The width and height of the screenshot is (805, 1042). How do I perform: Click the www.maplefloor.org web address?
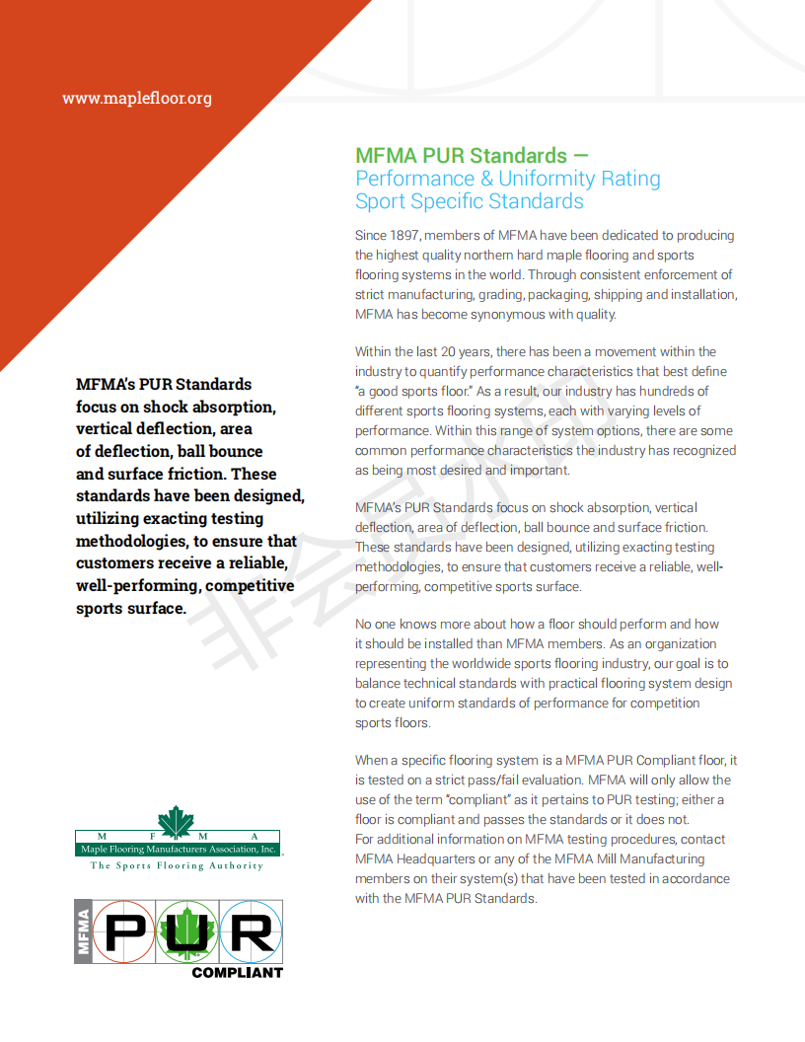coord(137,98)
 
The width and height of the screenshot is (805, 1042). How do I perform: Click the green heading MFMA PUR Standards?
coord(461,156)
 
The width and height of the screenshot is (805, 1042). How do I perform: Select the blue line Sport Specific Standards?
coord(470,201)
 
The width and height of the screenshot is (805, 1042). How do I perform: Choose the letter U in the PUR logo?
coord(185,933)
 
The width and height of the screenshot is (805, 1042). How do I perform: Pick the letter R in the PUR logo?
coord(246,933)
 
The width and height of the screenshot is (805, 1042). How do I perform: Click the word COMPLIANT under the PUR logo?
coord(237,972)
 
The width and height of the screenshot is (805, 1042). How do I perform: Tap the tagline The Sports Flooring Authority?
coord(178,865)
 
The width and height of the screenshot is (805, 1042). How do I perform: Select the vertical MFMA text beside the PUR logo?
coord(84,932)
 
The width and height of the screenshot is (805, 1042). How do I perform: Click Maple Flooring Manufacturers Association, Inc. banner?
coord(178,848)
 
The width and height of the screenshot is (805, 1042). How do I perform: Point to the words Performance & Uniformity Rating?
coord(508,179)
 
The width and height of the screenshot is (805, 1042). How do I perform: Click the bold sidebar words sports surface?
coord(131,608)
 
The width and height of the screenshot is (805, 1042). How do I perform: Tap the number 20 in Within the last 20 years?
coord(451,351)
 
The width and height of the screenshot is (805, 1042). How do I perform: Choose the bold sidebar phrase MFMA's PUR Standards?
coord(164,384)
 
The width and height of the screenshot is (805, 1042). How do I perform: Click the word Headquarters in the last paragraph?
coord(439,858)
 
